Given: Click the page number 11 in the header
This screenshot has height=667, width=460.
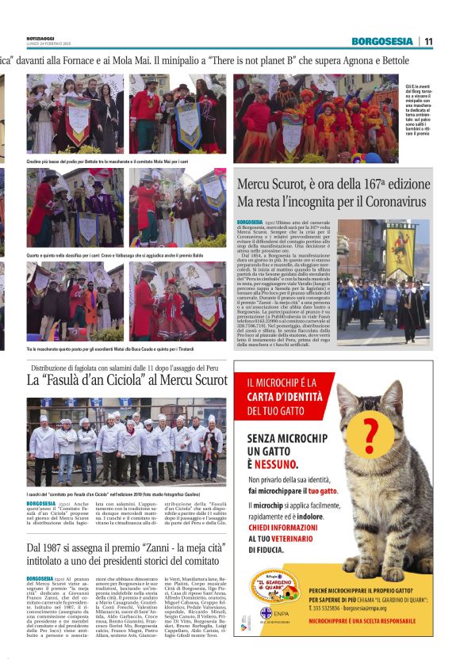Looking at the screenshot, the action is tap(428, 41).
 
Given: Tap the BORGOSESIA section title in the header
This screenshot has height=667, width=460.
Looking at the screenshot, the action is tap(382, 41).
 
